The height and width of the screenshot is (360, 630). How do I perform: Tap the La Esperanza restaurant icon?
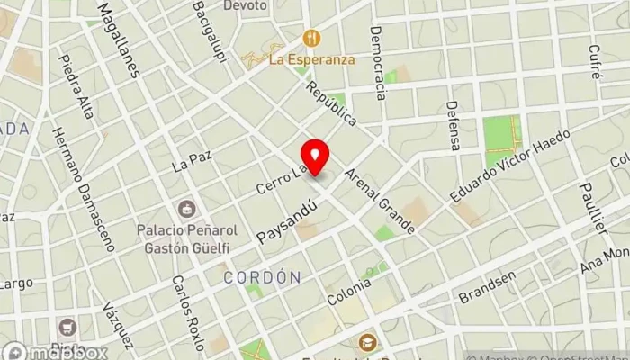click(x=312, y=38)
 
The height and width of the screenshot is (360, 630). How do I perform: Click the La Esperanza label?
click(x=312, y=59)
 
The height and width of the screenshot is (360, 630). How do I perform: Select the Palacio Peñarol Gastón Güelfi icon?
click(x=186, y=209)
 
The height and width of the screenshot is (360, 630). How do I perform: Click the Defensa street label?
click(x=454, y=125)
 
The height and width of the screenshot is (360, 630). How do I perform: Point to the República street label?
click(x=331, y=103)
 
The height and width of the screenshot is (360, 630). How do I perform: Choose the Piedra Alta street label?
click(x=76, y=85)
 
